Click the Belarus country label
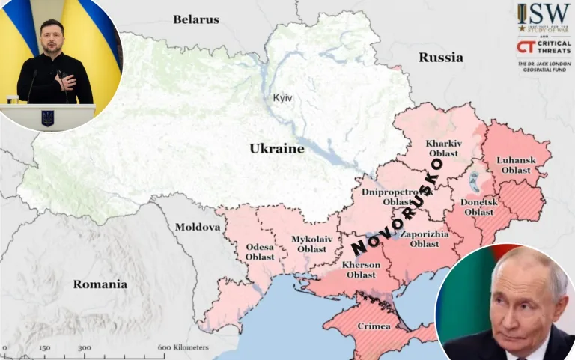[x=196, y=19]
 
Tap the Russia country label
[x=440, y=57]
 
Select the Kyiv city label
[x=282, y=98]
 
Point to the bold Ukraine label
[x=277, y=148]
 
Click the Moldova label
[x=198, y=227]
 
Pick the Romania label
[x=100, y=284]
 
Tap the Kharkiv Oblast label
[x=443, y=148]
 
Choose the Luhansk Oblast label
[x=516, y=165]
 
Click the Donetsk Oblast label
[x=478, y=207]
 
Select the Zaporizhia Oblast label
[x=424, y=239]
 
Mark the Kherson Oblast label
[x=361, y=269]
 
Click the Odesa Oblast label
[x=260, y=251]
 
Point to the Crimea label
[x=372, y=326]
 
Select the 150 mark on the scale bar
[x=44, y=347]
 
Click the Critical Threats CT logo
[x=526, y=47]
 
